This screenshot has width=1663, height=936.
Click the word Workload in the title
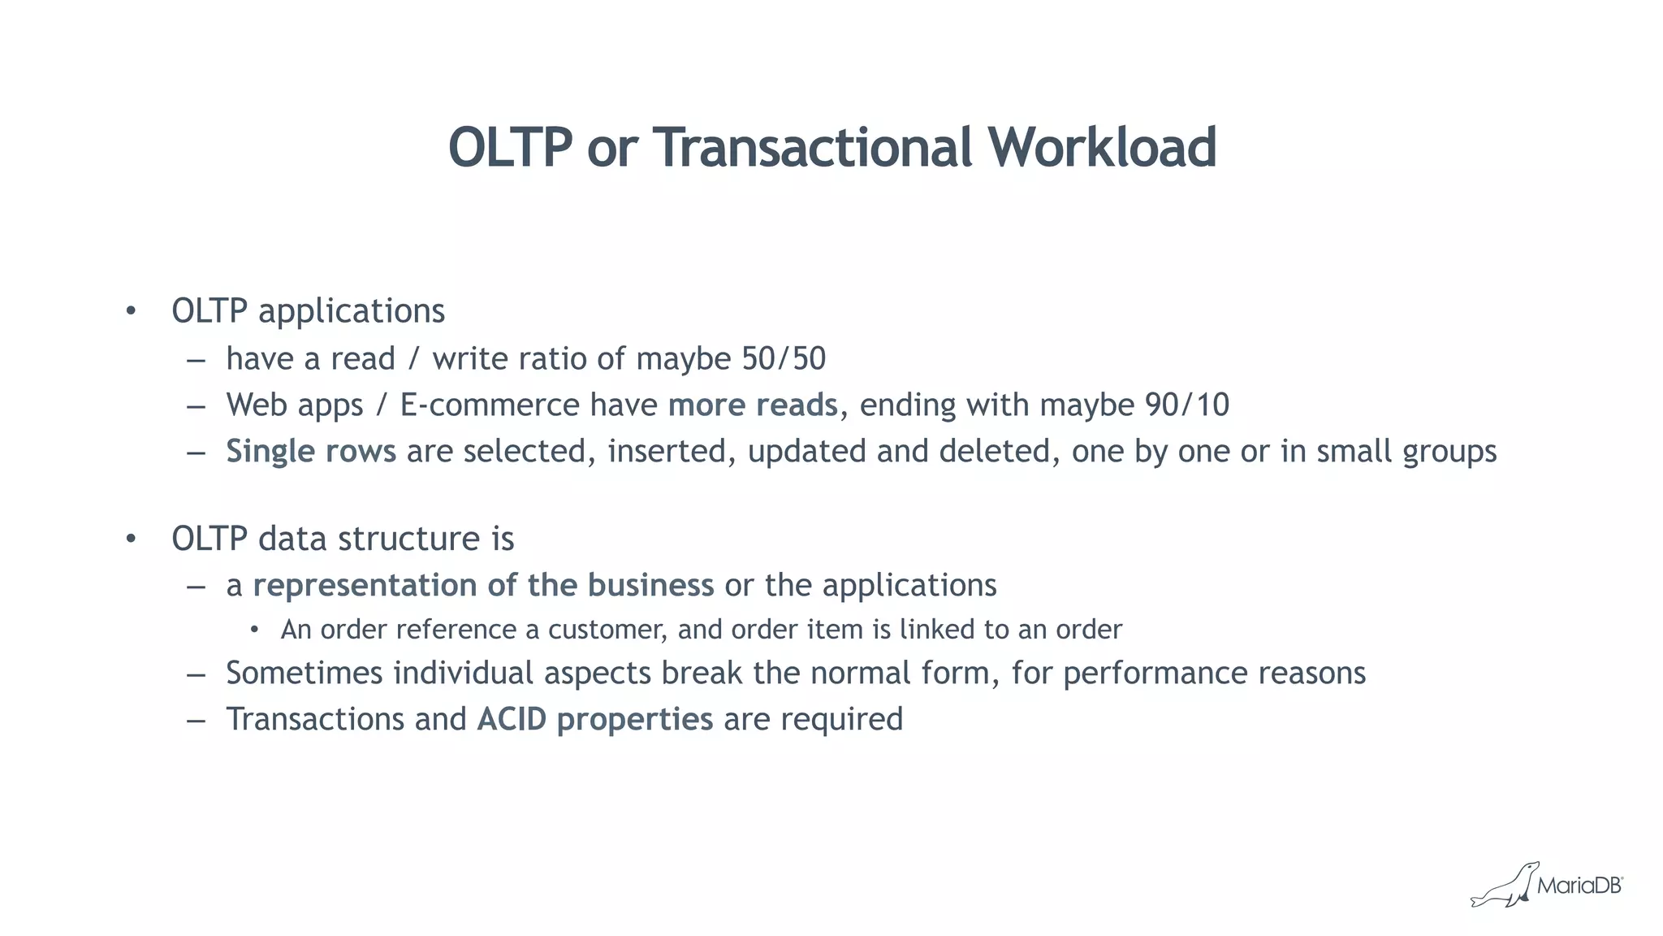(1102, 148)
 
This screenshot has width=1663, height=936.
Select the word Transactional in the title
(812, 148)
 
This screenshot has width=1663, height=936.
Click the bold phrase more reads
(753, 405)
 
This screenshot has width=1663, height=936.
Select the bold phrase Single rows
(311, 452)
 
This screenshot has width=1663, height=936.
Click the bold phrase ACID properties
(595, 719)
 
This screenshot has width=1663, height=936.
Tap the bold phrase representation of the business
(483, 585)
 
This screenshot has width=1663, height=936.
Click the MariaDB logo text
(1579, 886)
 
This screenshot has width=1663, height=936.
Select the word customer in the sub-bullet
(607, 630)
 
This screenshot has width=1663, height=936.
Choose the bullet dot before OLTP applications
(131, 311)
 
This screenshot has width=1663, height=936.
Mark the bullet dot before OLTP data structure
(131, 539)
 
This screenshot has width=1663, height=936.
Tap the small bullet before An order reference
(254, 630)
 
